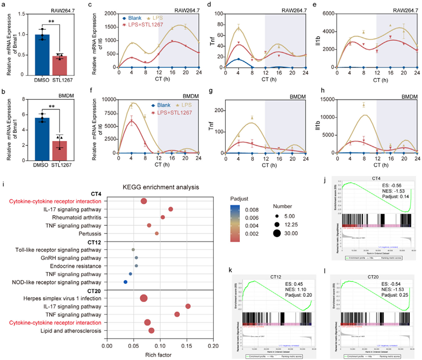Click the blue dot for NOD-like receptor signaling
click(x=125, y=282)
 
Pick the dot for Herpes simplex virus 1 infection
click(x=144, y=298)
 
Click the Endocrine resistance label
click(x=76, y=266)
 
